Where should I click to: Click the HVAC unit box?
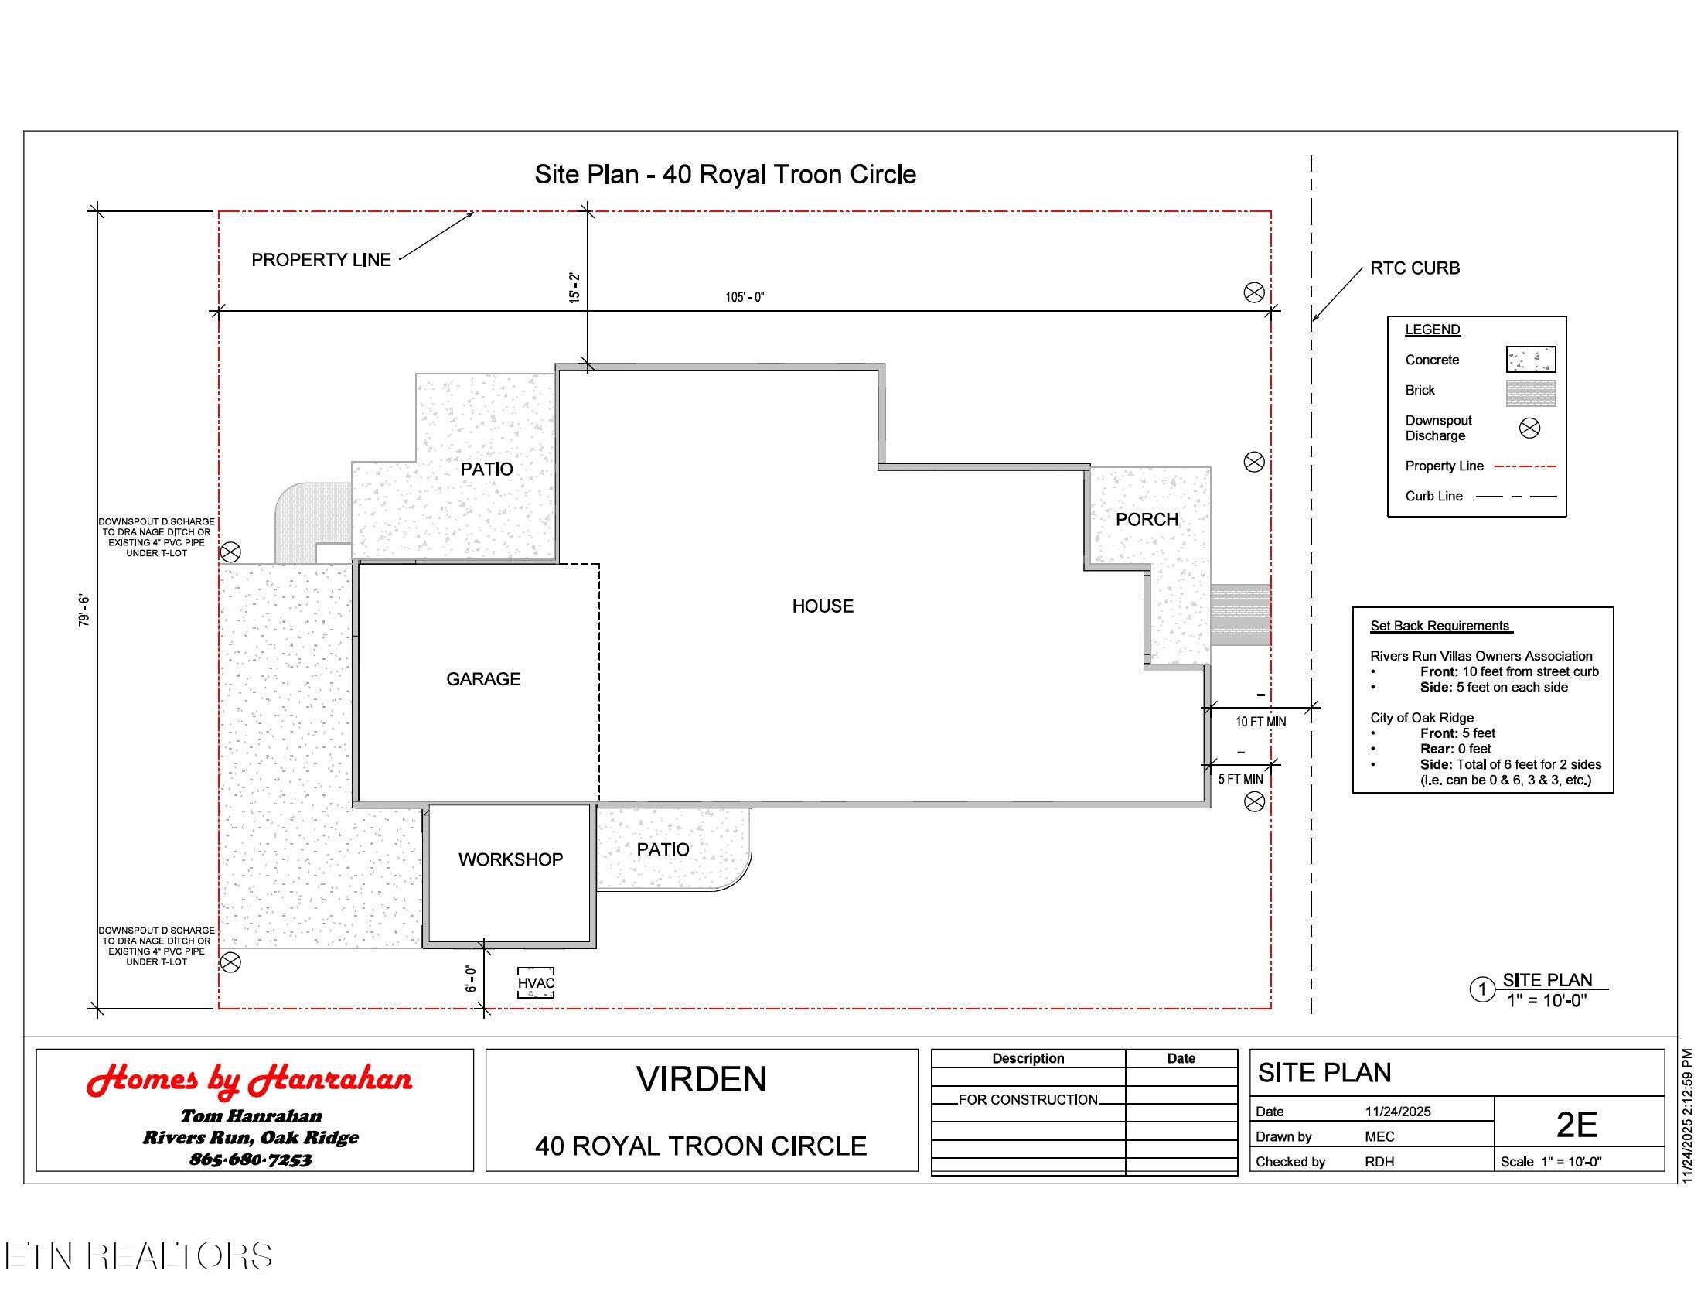pyautogui.click(x=536, y=983)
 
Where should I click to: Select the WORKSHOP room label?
pyautogui.click(x=510, y=859)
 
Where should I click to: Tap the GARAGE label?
pyautogui.click(x=483, y=679)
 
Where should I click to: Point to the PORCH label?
pyautogui.click(x=1147, y=520)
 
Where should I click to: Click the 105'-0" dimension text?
pyautogui.click(x=745, y=297)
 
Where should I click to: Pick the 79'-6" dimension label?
pyautogui.click(x=84, y=611)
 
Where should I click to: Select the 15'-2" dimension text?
pyautogui.click(x=574, y=287)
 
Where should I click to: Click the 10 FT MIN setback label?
pyautogui.click(x=1260, y=722)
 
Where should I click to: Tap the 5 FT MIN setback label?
pyautogui.click(x=1241, y=779)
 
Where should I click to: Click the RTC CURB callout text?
pyautogui.click(x=1415, y=268)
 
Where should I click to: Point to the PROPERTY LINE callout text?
pyautogui.click(x=321, y=260)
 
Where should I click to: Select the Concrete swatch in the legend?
pyautogui.click(x=1530, y=360)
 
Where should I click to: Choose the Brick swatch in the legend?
pyautogui.click(x=1530, y=393)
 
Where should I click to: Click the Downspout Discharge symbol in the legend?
pyautogui.click(x=1529, y=428)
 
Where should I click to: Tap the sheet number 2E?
pyautogui.click(x=1577, y=1125)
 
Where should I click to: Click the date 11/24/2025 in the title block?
pyautogui.click(x=1398, y=1112)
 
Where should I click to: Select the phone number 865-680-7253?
pyautogui.click(x=250, y=1160)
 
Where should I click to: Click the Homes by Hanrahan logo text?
pyautogui.click(x=249, y=1081)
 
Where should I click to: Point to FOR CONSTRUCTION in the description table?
pyautogui.click(x=1028, y=1100)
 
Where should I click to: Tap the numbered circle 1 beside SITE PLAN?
pyautogui.click(x=1482, y=990)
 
